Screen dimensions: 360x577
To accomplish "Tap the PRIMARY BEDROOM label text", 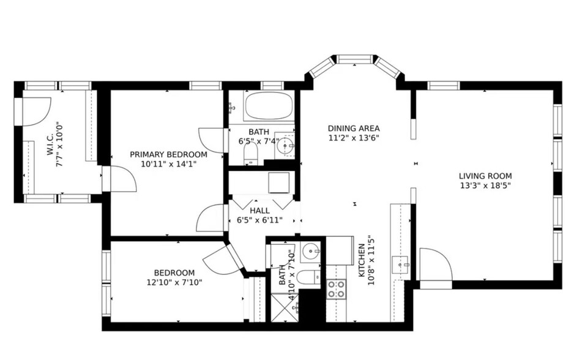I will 168,154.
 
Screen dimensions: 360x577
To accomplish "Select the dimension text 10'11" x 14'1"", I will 168,164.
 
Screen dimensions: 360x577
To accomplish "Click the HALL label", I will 259,210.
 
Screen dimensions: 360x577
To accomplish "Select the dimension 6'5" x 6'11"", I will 259,220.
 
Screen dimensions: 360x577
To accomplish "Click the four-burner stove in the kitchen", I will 336,289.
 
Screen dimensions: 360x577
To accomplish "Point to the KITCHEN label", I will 362,258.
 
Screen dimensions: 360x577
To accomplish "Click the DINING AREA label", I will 354,129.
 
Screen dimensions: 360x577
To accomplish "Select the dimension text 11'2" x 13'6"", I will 354,138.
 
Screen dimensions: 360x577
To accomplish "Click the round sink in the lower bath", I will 312,250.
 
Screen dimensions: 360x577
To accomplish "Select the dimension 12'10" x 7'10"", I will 174,282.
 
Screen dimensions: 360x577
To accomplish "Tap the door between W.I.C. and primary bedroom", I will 120,179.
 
